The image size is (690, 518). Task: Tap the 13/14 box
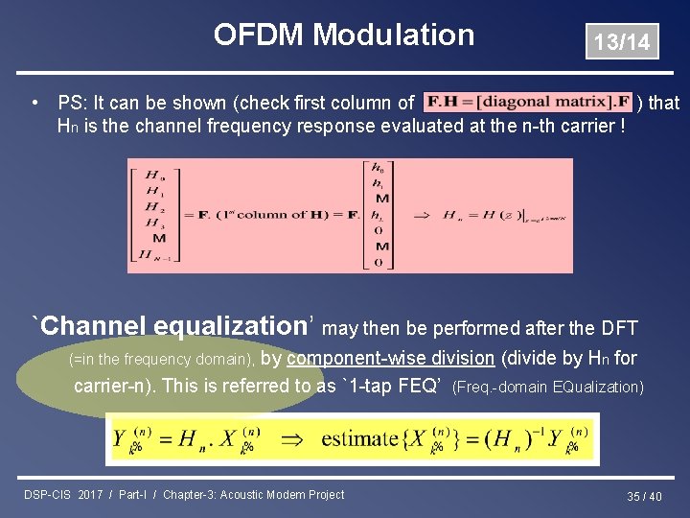point(622,42)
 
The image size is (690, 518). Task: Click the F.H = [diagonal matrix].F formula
point(528,102)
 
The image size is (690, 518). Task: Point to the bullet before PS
point(34,102)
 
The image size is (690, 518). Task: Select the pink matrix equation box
point(351,216)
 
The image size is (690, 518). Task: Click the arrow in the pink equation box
point(423,215)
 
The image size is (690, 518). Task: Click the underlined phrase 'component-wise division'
point(390,359)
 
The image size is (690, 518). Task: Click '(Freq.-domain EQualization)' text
point(548,388)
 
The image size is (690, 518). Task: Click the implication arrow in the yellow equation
point(300,439)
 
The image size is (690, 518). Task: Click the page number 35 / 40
point(644,496)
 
